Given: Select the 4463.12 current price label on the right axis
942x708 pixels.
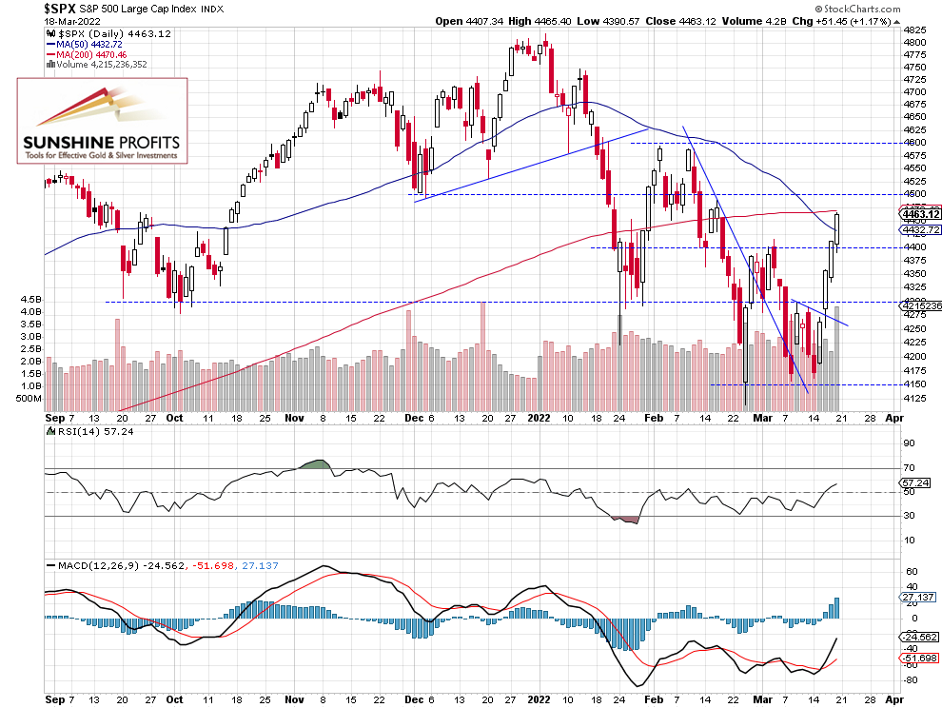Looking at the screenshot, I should pos(918,214).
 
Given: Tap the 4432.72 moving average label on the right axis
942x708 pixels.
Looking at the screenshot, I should pos(918,229).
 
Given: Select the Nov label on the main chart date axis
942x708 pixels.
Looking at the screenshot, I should pos(294,417).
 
